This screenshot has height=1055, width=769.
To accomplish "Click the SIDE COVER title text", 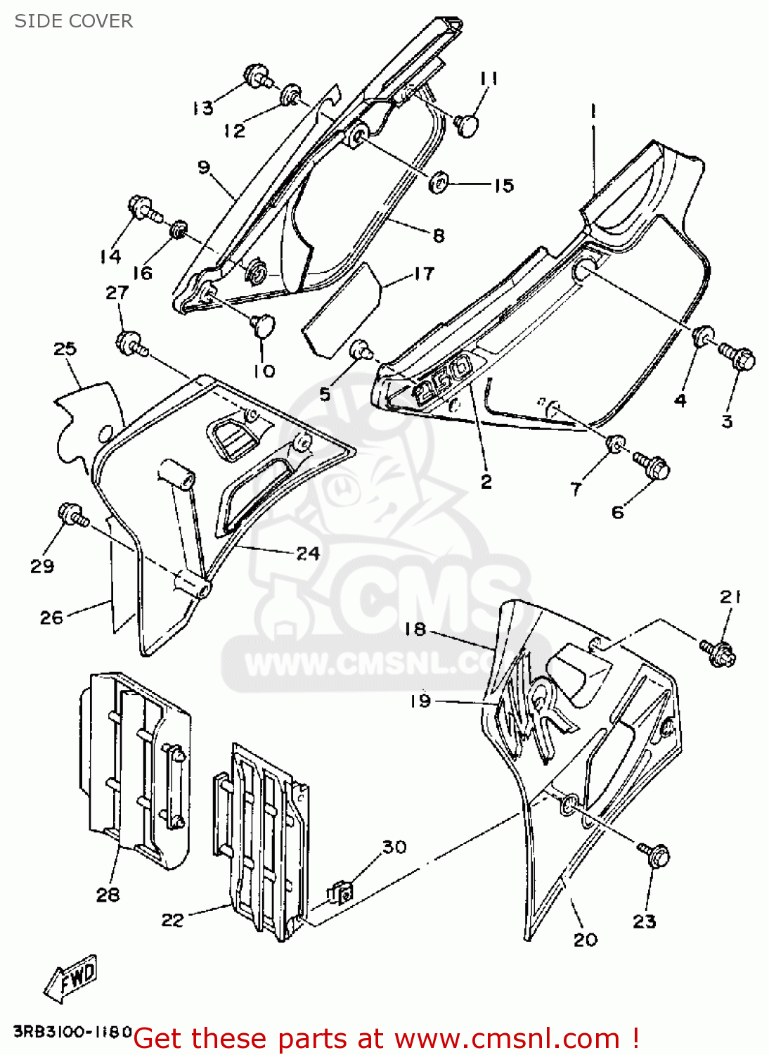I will pyautogui.click(x=74, y=21).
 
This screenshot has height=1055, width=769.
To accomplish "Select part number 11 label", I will pyautogui.click(x=489, y=78).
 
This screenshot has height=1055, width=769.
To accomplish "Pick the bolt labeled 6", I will pyautogui.click(x=652, y=465).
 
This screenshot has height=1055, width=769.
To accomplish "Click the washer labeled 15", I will pyautogui.click(x=439, y=183).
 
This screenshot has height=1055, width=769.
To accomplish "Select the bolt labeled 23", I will pyautogui.click(x=655, y=855).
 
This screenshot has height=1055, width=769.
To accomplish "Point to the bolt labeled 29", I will pyautogui.click(x=72, y=516).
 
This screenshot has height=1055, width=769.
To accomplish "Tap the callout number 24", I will pyautogui.click(x=308, y=554).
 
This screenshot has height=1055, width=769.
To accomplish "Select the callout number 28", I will pyautogui.click(x=108, y=895).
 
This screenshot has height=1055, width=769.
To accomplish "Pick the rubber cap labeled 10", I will pyautogui.click(x=263, y=325).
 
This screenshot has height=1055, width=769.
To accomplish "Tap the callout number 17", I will pyautogui.click(x=424, y=274).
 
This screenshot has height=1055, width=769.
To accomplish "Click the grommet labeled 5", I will pyautogui.click(x=361, y=348).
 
